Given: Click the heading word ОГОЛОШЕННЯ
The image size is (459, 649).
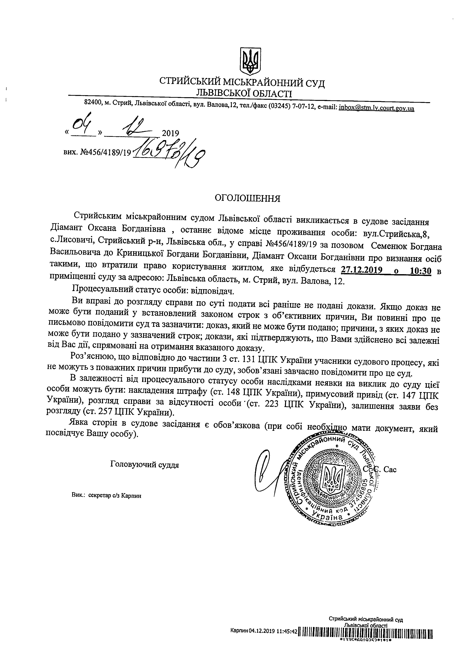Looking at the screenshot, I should [x=248, y=198].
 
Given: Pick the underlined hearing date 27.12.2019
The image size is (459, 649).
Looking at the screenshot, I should [x=362, y=271].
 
